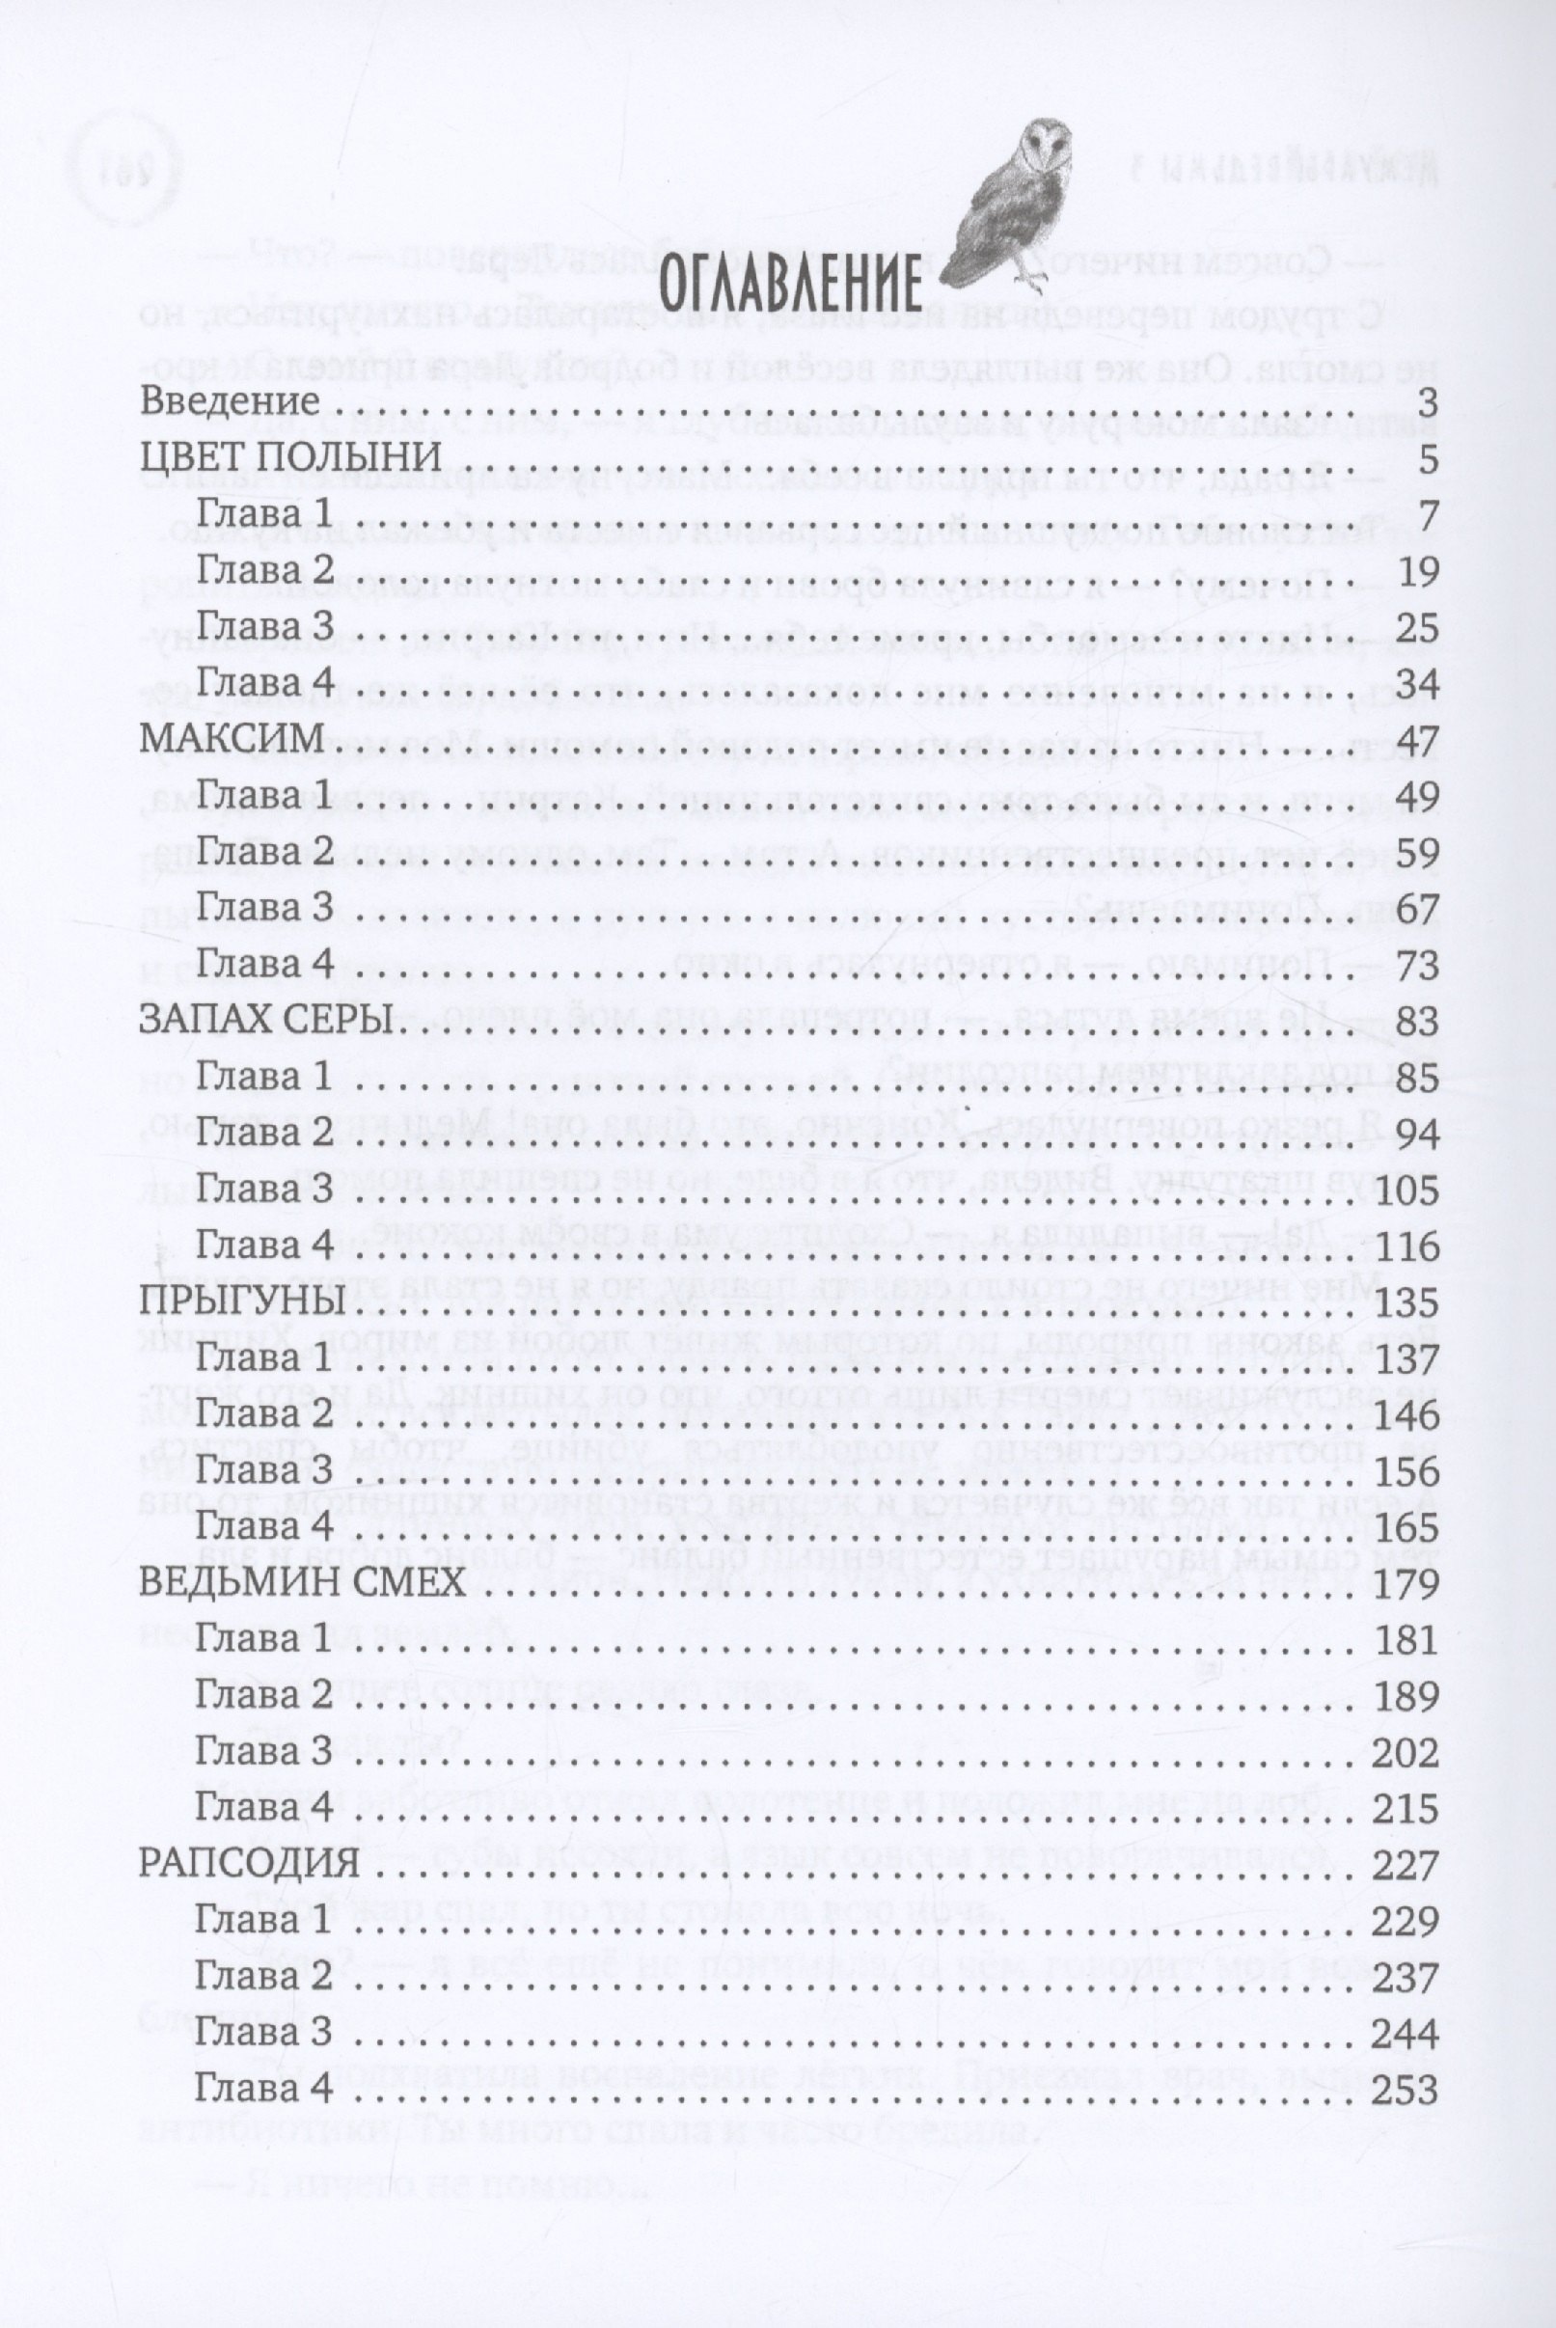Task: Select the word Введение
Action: pyautogui.click(x=231, y=402)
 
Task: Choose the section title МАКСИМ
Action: pyautogui.click(x=233, y=739)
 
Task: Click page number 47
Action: pyautogui.click(x=1416, y=740)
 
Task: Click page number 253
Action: pyautogui.click(x=1406, y=2088)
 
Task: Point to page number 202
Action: pyautogui.click(x=1406, y=1751)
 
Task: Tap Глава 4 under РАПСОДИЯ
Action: pyautogui.click(x=263, y=2088)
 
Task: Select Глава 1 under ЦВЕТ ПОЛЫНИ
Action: pyautogui.click(x=263, y=514)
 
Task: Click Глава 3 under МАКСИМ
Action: pyautogui.click(x=263, y=908)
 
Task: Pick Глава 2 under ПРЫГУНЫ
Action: pyautogui.click(x=263, y=1413)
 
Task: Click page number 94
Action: pyautogui.click(x=1416, y=1134)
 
